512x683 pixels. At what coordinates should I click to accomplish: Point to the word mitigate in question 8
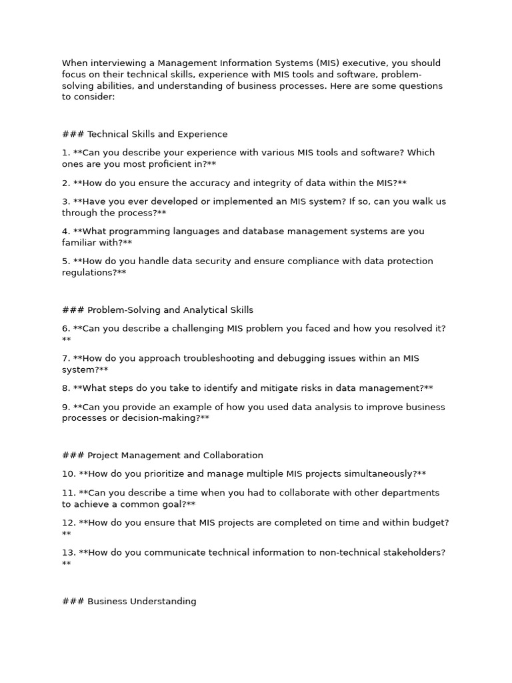297,388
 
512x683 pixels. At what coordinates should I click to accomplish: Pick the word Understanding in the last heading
164,602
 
